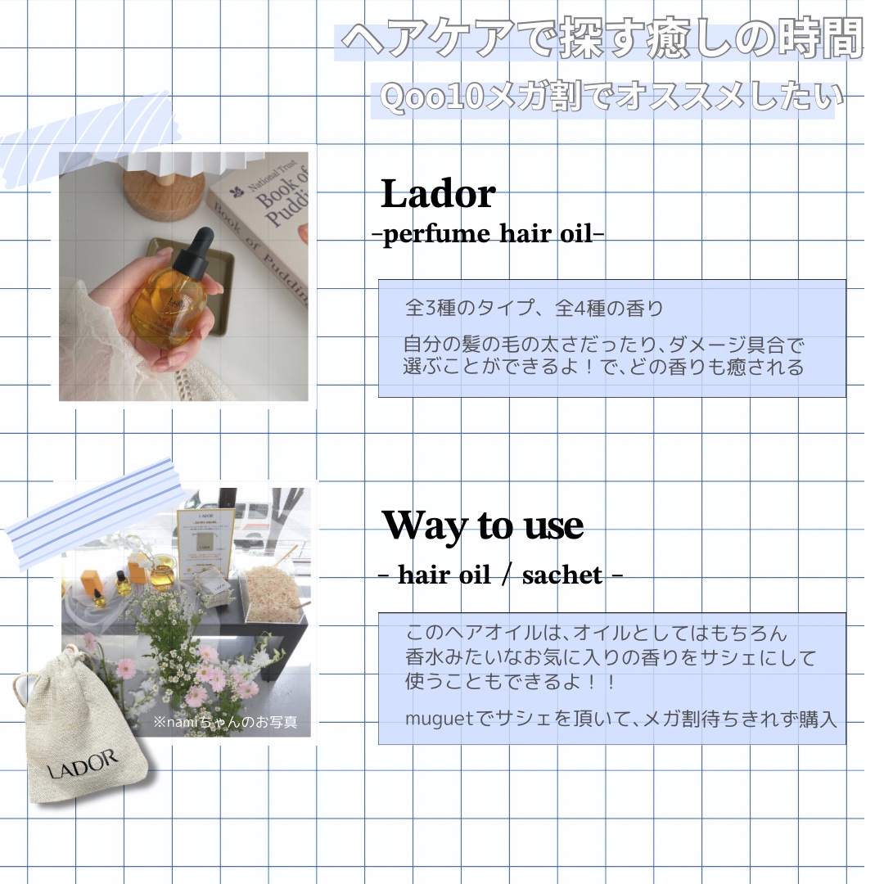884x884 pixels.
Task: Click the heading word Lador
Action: point(438,195)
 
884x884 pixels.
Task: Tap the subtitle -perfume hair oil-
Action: point(489,234)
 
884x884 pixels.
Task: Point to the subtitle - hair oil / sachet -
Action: point(500,575)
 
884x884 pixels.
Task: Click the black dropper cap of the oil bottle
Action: point(196,246)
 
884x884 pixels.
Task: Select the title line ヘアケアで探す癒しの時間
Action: point(602,41)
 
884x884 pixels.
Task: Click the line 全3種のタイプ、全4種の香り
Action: point(534,309)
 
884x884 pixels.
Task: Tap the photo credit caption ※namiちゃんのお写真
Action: point(224,724)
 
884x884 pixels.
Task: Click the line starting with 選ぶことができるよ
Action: point(603,367)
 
